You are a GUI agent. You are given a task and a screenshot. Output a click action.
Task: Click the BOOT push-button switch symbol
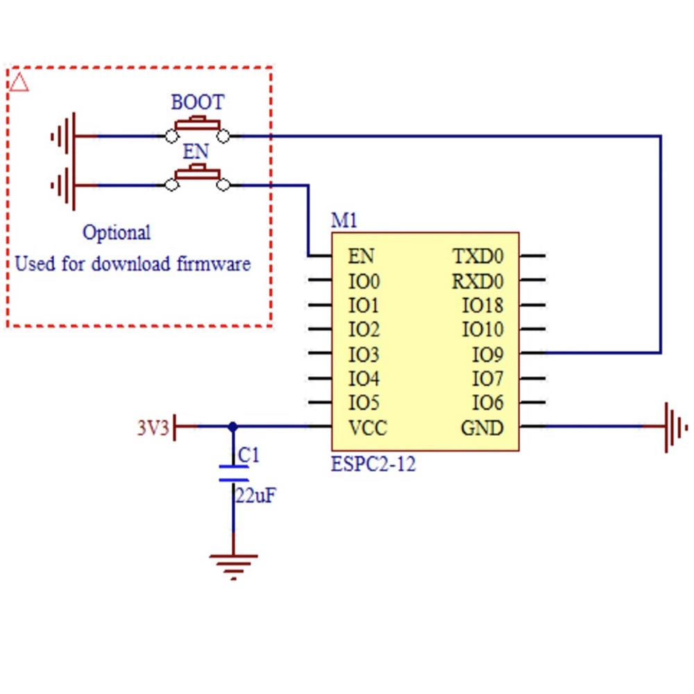(x=198, y=129)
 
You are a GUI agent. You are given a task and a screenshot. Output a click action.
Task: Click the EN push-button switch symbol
(x=198, y=178)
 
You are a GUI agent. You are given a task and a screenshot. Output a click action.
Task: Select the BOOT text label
(x=198, y=103)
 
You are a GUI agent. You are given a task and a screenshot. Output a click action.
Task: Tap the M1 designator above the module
(x=344, y=221)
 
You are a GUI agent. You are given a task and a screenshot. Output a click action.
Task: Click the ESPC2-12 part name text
(x=373, y=464)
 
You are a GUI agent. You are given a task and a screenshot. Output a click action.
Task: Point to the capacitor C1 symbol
(x=233, y=473)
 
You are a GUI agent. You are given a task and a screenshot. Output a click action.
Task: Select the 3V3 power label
(x=153, y=428)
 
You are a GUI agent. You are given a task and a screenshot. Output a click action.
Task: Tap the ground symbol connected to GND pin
(x=673, y=426)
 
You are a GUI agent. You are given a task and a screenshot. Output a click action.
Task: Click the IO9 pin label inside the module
(x=487, y=355)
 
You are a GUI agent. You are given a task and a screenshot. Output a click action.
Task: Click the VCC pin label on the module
(x=367, y=428)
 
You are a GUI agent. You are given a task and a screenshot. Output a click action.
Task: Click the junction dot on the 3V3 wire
(x=233, y=426)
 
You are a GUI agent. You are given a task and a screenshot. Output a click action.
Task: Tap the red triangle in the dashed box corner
(x=19, y=83)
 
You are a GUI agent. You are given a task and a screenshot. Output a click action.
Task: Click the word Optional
(x=117, y=232)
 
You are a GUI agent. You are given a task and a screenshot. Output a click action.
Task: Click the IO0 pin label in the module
(x=364, y=282)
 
